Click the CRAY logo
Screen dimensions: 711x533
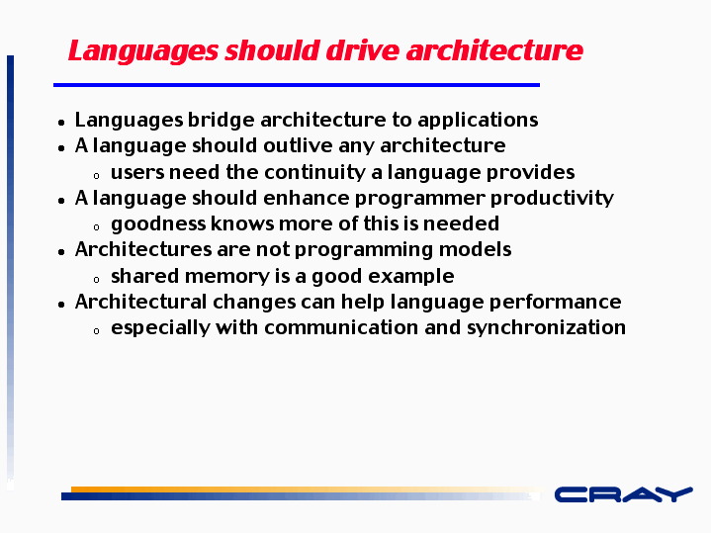[x=624, y=494]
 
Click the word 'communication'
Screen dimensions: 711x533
[x=341, y=327]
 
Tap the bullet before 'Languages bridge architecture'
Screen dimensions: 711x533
[x=61, y=122]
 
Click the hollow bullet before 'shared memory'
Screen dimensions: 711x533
[x=96, y=280]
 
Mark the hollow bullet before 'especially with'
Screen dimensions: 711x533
[x=96, y=331]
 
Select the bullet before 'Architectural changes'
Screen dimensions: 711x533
[x=61, y=305]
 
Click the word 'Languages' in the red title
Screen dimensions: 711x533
[x=143, y=50]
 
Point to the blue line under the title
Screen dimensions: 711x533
[x=297, y=85]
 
